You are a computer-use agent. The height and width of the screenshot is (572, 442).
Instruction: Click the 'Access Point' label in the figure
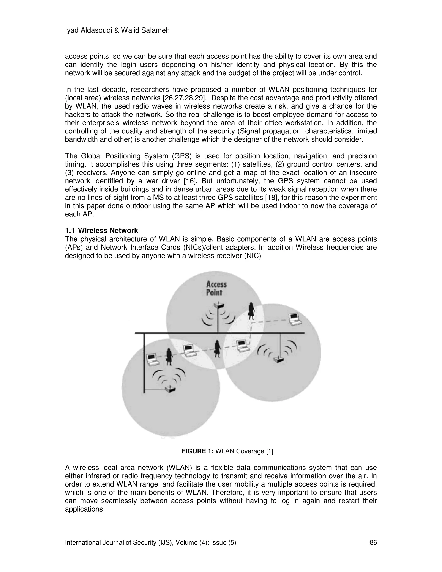[x=216, y=288]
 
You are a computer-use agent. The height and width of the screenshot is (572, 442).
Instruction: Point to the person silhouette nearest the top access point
[x=252, y=311]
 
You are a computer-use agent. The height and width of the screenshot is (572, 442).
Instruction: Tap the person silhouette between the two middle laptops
[x=217, y=349]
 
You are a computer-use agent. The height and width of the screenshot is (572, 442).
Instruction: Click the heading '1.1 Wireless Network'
[x=101, y=231]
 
